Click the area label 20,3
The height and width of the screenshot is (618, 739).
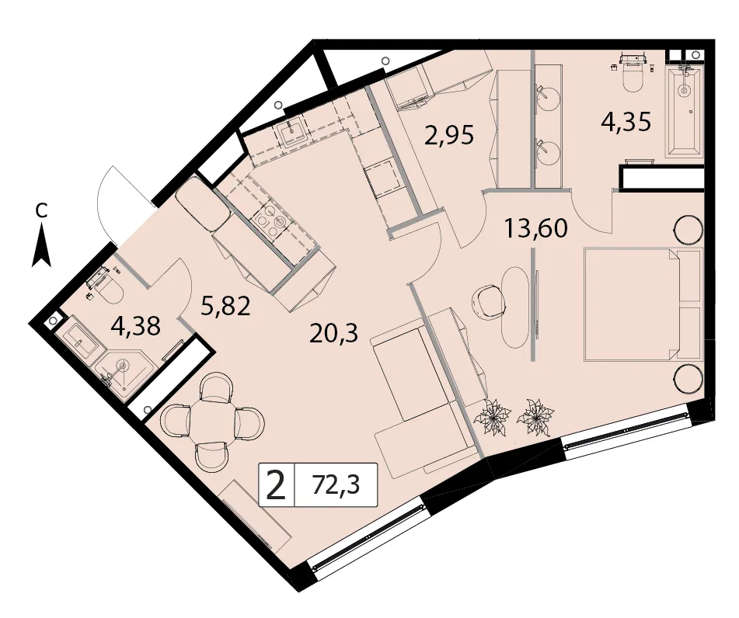(334, 333)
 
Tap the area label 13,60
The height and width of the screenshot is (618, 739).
(536, 228)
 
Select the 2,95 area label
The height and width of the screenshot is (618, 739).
(448, 136)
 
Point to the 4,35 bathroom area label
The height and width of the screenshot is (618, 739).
(626, 122)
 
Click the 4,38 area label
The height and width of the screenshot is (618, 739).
(137, 325)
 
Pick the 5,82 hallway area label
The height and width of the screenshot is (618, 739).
(225, 306)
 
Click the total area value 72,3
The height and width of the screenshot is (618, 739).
(336, 484)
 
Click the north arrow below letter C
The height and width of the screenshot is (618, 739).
(41, 245)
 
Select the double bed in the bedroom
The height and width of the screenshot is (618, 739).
(643, 305)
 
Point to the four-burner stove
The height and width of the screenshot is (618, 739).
(269, 220)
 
